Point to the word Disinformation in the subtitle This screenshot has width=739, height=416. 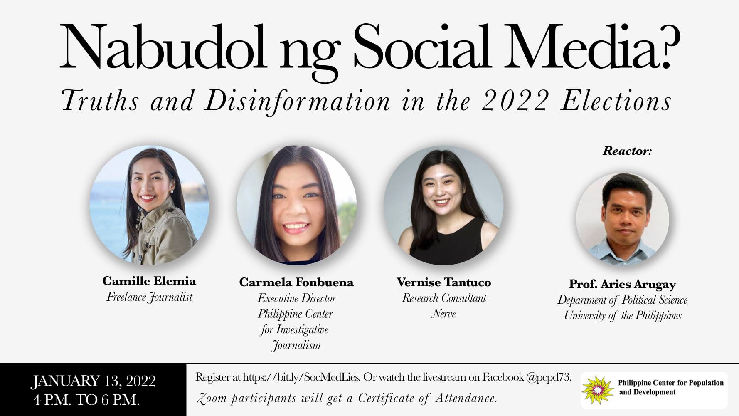click(x=298, y=102)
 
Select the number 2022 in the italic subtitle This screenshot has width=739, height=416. click(x=515, y=101)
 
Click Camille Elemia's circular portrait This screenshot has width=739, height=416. click(x=150, y=206)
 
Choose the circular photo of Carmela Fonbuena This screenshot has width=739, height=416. click(x=296, y=206)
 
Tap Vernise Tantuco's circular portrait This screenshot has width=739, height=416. click(x=443, y=206)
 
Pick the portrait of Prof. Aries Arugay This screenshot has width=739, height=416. click(x=622, y=220)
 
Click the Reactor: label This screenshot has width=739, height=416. click(x=627, y=151)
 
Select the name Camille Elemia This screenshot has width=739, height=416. click(x=149, y=281)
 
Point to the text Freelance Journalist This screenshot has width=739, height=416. click(x=150, y=297)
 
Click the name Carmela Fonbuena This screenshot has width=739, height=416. click(x=296, y=282)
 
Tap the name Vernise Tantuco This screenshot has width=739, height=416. click(x=443, y=282)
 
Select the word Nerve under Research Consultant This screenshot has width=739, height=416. click(x=443, y=314)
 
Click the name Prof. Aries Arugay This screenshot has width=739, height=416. click(x=622, y=284)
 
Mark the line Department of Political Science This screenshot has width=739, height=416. click(x=622, y=300)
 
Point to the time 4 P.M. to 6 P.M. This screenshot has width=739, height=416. click(x=86, y=400)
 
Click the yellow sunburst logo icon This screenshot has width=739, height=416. click(x=598, y=390)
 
